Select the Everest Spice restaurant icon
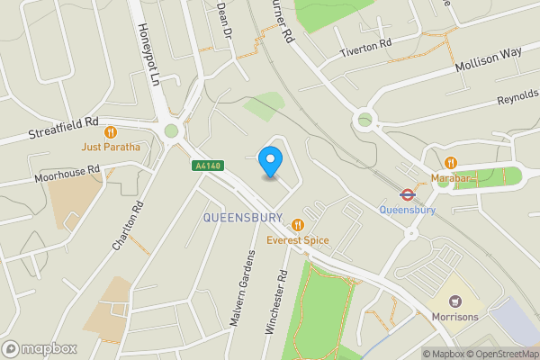(x=297, y=225)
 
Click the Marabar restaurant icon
(x=451, y=163)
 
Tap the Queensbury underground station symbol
(x=407, y=193)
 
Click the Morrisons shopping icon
(x=454, y=301)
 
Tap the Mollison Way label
(x=488, y=59)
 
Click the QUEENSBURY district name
(x=243, y=218)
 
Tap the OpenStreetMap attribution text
(x=505, y=354)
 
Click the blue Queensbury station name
(x=407, y=211)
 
